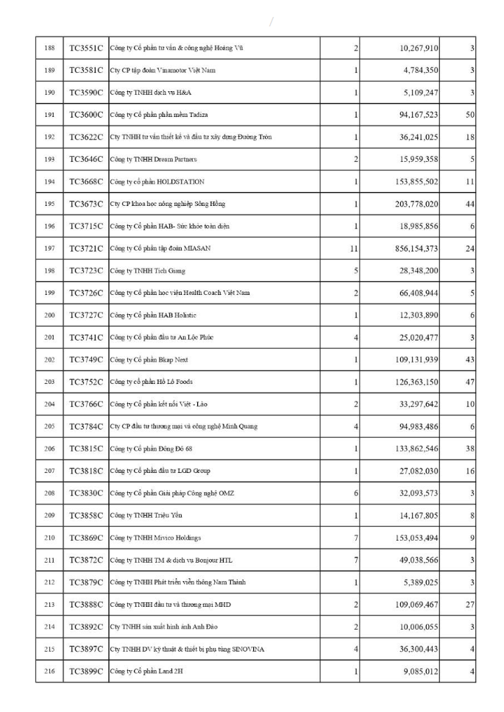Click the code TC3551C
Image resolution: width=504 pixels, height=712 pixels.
click(x=86, y=49)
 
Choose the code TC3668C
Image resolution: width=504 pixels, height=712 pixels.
click(x=86, y=182)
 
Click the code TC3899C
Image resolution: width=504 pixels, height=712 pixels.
click(x=86, y=672)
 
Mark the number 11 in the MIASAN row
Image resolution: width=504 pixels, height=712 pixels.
click(x=354, y=249)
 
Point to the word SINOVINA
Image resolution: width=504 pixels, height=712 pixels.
click(x=246, y=649)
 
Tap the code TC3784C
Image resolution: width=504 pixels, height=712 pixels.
click(x=86, y=427)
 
